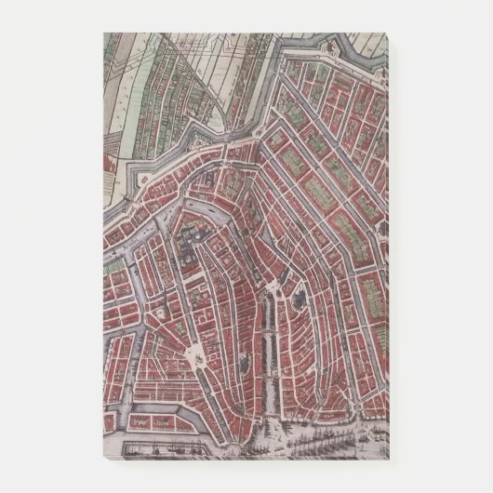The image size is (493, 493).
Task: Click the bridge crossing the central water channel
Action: point(275,370)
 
